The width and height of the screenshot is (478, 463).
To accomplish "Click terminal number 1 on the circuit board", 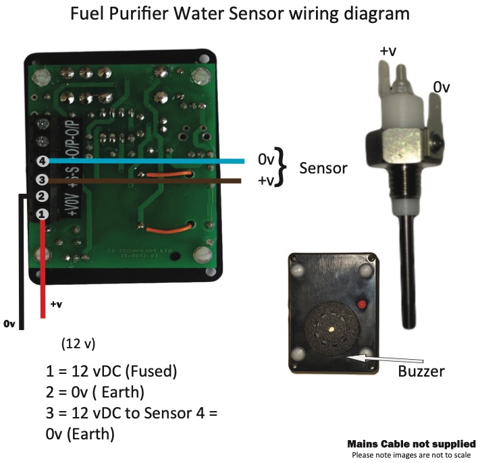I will [42, 214].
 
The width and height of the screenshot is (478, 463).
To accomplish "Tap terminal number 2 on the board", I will [42, 196].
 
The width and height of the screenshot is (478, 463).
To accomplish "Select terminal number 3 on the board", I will [42, 180].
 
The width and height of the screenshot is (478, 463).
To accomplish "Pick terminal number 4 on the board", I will [42, 162].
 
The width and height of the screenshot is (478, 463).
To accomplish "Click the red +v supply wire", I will [43, 270].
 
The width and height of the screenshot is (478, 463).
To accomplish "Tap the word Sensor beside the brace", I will [323, 167].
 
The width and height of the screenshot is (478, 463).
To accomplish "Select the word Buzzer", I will [421, 371].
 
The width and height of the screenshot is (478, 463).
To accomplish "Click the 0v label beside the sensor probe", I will [441, 88].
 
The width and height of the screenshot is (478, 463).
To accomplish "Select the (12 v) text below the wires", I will [78, 344].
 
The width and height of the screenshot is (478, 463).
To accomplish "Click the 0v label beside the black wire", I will [9, 324].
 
